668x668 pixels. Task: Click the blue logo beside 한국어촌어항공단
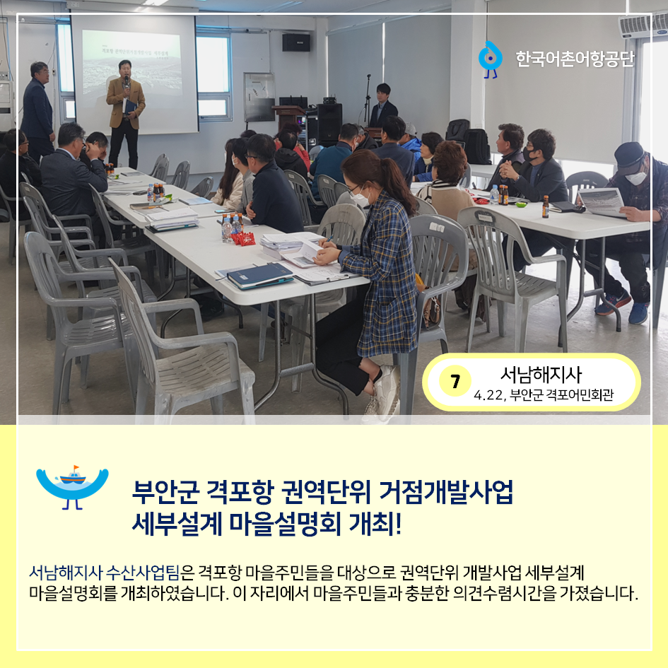click(x=490, y=59)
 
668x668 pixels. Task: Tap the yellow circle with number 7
click(x=455, y=381)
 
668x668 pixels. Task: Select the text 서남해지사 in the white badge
click(x=541, y=375)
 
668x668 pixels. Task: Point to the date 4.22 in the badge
click(x=488, y=395)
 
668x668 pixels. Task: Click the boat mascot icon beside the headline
click(x=72, y=487)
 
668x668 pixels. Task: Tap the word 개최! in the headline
click(x=375, y=524)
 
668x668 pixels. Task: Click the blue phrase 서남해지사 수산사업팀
click(x=104, y=572)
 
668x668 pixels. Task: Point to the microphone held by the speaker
click(x=126, y=81)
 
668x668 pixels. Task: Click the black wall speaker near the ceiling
click(x=295, y=42)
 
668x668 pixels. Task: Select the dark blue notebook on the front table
click(x=259, y=275)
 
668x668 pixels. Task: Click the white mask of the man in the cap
click(x=635, y=177)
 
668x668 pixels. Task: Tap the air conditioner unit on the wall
click(x=643, y=25)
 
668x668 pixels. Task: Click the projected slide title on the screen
click(x=135, y=51)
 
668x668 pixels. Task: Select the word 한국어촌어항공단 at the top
click(x=575, y=59)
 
